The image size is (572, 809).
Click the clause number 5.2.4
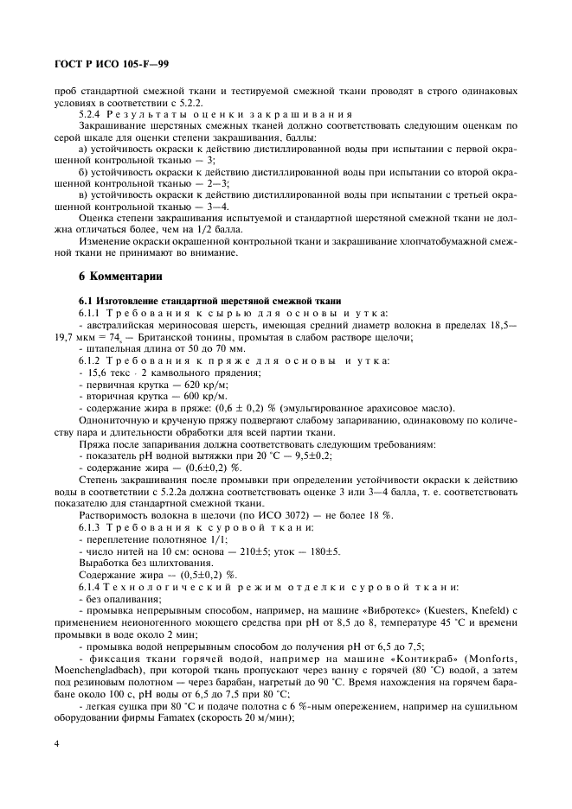pos(93,114)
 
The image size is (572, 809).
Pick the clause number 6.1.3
pos(93,526)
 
